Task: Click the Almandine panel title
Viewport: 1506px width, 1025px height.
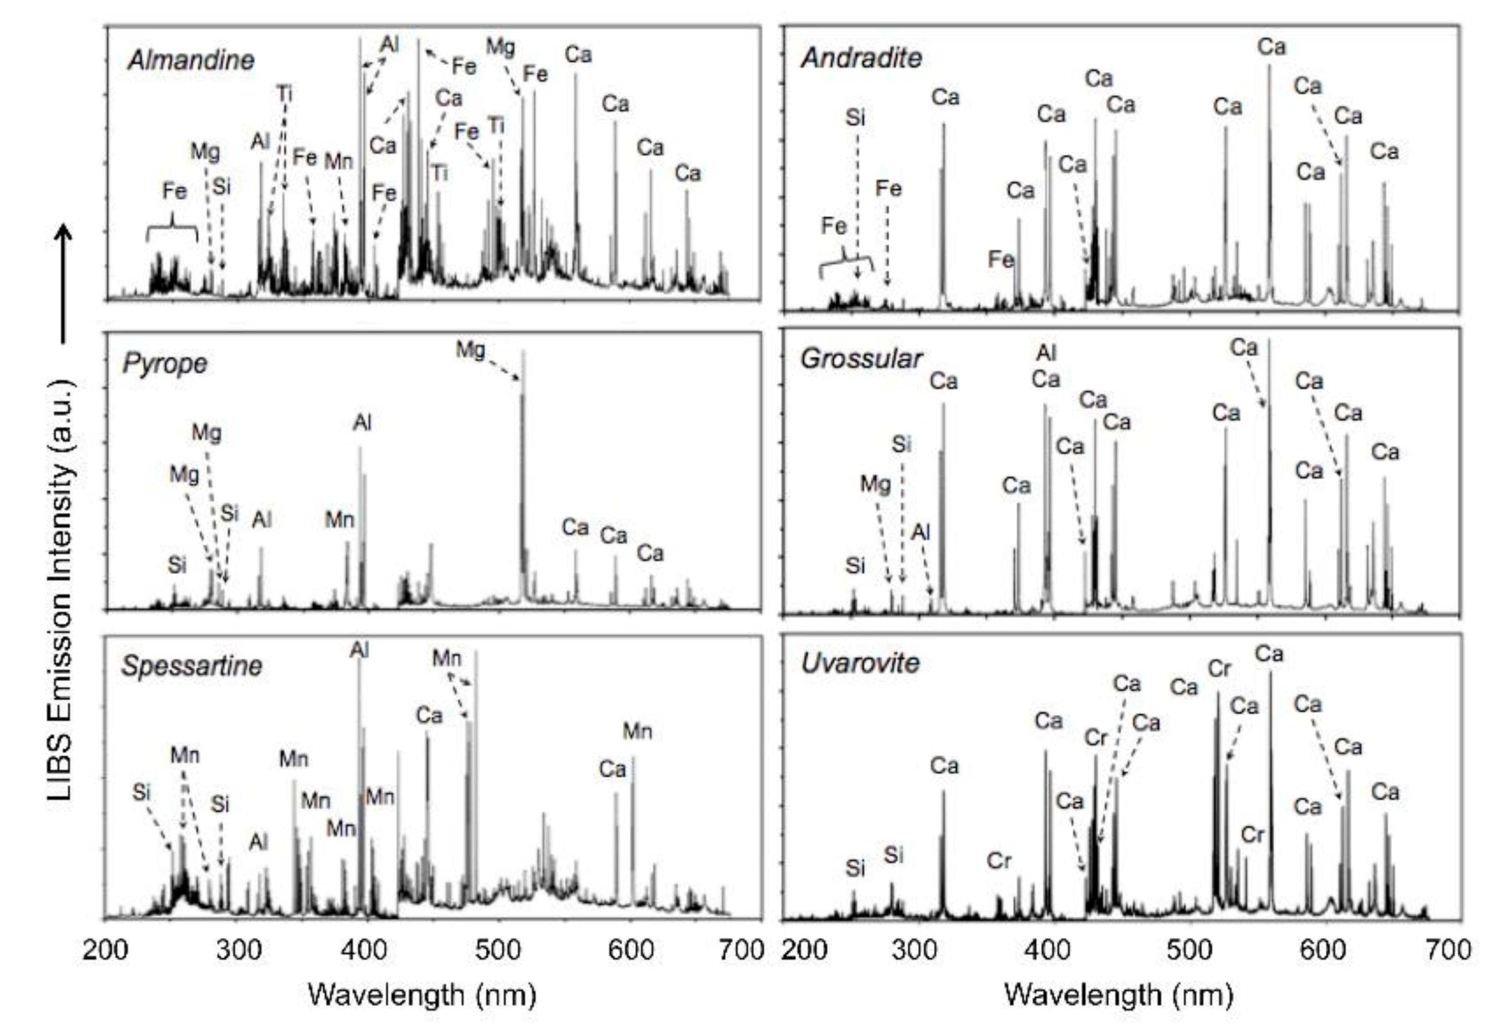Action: pyautogui.click(x=191, y=60)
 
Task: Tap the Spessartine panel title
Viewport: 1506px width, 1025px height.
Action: pyautogui.click(x=192, y=666)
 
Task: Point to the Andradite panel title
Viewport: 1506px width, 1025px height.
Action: pyautogui.click(x=861, y=58)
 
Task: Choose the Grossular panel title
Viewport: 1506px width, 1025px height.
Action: pyautogui.click(x=861, y=359)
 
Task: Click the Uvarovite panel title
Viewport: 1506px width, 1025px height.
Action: pyautogui.click(x=860, y=663)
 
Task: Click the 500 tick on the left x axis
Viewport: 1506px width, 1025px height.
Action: pyautogui.click(x=498, y=950)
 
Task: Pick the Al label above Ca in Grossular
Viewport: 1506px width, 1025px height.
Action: pyautogui.click(x=1046, y=353)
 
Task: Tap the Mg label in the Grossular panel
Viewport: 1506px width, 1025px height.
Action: pyautogui.click(x=875, y=484)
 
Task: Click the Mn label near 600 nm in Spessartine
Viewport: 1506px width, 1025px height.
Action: pyautogui.click(x=637, y=732)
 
